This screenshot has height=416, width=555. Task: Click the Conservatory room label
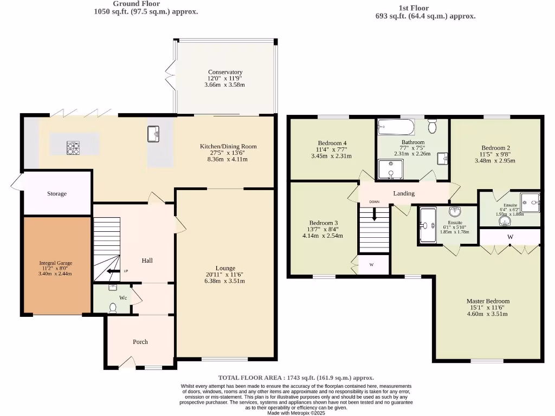tap(225, 72)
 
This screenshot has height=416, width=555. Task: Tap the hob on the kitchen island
tap(73, 148)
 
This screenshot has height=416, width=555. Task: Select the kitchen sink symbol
tap(153, 134)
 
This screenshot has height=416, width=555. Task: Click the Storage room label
tap(57, 193)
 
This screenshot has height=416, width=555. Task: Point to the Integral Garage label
tap(55, 263)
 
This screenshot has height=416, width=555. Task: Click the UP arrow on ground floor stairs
tap(114, 271)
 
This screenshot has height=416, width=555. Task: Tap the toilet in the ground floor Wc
tap(113, 308)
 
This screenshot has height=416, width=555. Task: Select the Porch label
tap(140, 342)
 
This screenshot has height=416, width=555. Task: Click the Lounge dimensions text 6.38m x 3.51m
tap(225, 281)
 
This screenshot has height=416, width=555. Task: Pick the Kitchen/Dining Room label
tap(228, 146)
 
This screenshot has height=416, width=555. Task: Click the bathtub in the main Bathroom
tap(396, 128)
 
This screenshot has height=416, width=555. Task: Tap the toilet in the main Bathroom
tap(432, 127)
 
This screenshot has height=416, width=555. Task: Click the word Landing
tap(404, 193)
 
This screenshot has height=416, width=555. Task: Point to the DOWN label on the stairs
tap(375, 202)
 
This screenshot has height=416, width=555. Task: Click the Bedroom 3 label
tap(324, 223)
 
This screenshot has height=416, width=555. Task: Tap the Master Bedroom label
tap(488, 301)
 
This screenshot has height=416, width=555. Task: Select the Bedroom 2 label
tap(496, 147)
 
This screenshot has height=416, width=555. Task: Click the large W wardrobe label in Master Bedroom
tap(510, 237)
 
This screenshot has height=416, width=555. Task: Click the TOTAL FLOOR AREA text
tap(296, 378)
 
